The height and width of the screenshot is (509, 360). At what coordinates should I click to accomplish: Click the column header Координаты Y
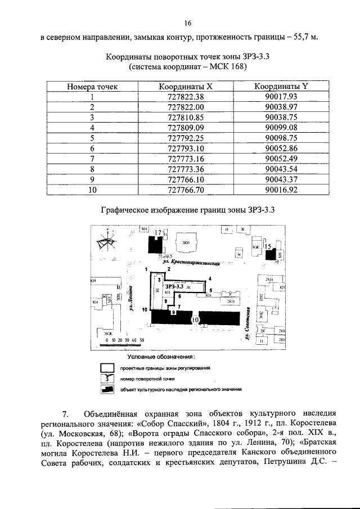pos(281,87)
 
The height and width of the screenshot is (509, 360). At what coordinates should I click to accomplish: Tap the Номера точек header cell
pos(92,87)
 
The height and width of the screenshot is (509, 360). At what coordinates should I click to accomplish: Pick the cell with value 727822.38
pos(185,96)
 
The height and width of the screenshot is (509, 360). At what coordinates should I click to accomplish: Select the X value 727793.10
pos(185,148)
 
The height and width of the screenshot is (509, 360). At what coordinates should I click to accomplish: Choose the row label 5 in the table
pos(92,138)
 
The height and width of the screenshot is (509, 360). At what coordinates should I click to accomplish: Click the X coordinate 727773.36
pos(185,169)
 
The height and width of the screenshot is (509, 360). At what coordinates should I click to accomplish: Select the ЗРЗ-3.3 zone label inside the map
pos(175,286)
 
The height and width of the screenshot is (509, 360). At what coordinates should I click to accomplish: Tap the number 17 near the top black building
pos(159,232)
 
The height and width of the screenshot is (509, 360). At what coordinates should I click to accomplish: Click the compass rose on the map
pos(106,242)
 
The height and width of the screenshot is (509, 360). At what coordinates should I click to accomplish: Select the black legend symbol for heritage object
pos(106,388)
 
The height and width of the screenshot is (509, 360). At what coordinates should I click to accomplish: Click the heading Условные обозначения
pos(161,357)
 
